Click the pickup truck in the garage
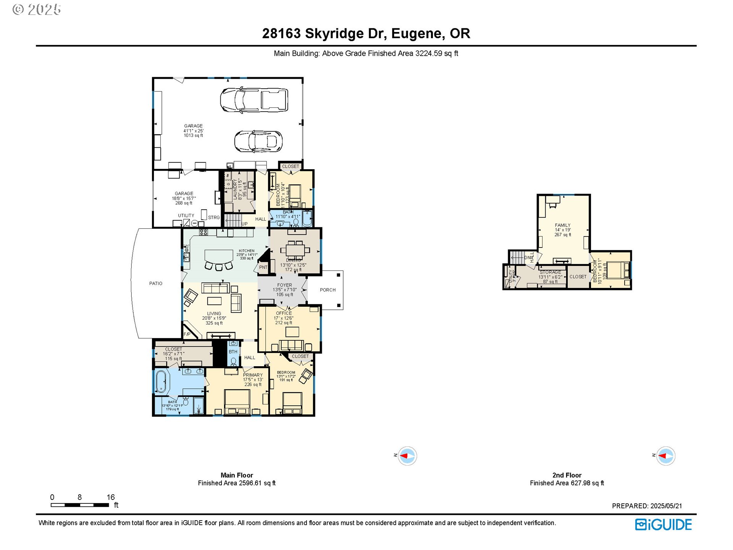click(254, 100)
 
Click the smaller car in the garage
click(258, 141)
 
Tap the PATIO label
click(156, 283)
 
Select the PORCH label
click(328, 290)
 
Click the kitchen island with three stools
click(219, 256)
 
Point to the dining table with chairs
click(295, 250)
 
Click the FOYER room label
click(284, 285)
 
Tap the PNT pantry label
click(263, 267)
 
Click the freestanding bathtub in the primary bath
click(161, 381)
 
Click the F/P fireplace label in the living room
click(187, 334)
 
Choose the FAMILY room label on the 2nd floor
click(562, 225)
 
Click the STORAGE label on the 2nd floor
click(550, 272)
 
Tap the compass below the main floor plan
click(407, 456)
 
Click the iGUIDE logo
click(664, 524)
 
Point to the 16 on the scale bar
click(111, 497)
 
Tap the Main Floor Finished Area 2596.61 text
click(237, 483)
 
